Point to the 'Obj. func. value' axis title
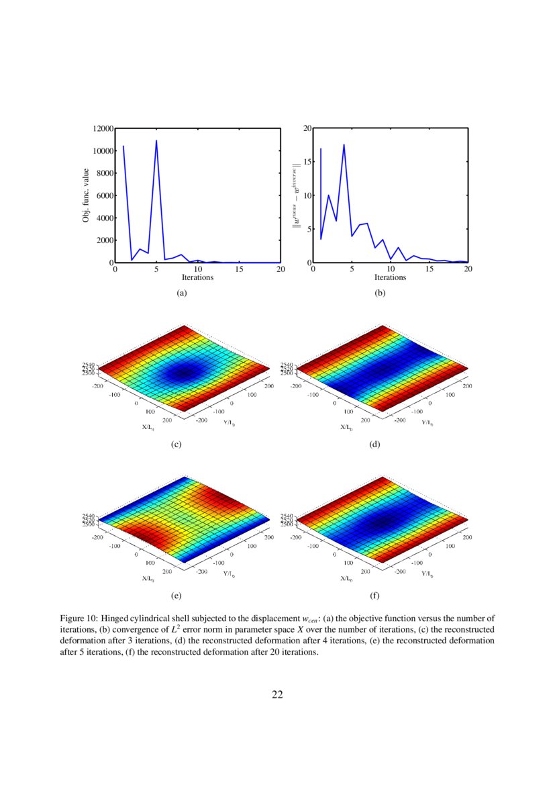pos(87,195)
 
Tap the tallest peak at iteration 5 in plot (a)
pos(156,141)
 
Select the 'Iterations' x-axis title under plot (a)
pos(198,277)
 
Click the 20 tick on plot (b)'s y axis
pos(307,128)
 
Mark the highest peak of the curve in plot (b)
pos(344,144)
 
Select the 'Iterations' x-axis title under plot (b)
pos(390,277)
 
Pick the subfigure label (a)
pos(181,293)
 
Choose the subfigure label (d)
pos(374,445)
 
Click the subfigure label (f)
pos(374,595)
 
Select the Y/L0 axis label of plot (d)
pos(426,423)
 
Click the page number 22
pos(277,694)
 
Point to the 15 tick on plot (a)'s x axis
pos(240,269)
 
